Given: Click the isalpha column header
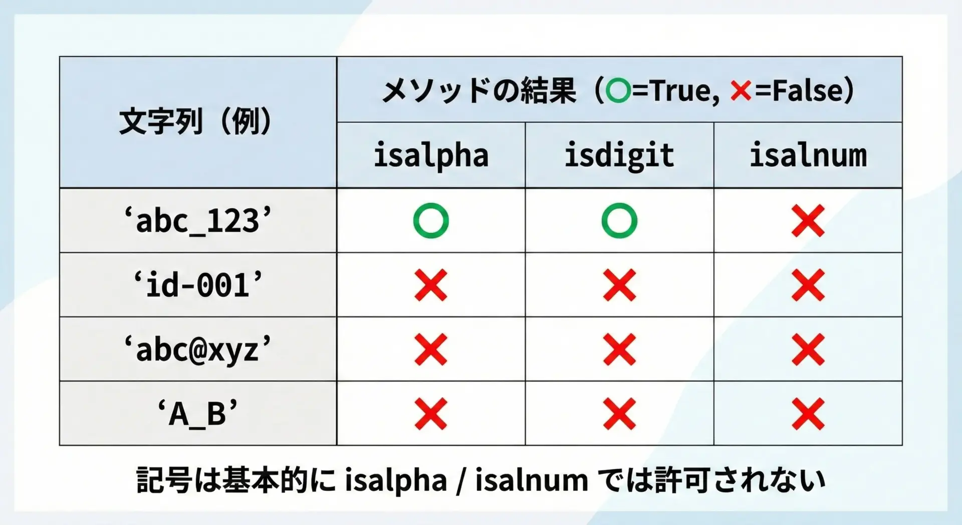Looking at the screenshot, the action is (x=431, y=155).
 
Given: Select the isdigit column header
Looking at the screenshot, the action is (x=619, y=155).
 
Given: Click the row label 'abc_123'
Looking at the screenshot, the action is (x=198, y=221).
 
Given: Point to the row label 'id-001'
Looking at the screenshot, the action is (x=198, y=285).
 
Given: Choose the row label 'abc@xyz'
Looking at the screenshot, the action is (x=198, y=349).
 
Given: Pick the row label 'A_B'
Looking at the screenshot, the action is (x=198, y=414).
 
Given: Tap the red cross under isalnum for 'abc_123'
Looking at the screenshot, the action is (x=808, y=221).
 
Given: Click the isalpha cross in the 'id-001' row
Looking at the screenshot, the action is (x=431, y=285).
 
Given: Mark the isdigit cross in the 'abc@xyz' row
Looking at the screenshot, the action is (x=619, y=349).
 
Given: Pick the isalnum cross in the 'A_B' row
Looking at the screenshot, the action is (x=808, y=414).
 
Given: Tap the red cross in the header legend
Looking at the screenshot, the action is (x=741, y=91).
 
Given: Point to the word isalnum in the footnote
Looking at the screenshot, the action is (x=532, y=480).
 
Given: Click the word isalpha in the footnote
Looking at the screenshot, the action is (x=396, y=480).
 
